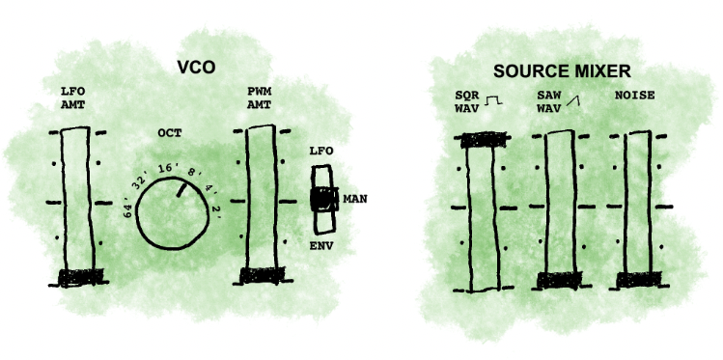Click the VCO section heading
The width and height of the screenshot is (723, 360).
[195, 68]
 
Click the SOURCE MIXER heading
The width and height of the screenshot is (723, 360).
[562, 71]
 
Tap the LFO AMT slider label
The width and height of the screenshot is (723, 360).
[73, 98]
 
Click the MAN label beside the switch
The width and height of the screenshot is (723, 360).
[354, 201]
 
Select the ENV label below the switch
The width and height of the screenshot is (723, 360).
[321, 247]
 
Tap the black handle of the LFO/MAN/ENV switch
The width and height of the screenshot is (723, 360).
[321, 200]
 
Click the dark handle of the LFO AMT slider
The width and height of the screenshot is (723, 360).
[78, 279]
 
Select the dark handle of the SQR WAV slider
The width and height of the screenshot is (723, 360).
[481, 140]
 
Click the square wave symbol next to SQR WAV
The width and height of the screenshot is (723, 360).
[495, 100]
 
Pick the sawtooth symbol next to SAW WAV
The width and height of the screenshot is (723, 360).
[573, 100]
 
